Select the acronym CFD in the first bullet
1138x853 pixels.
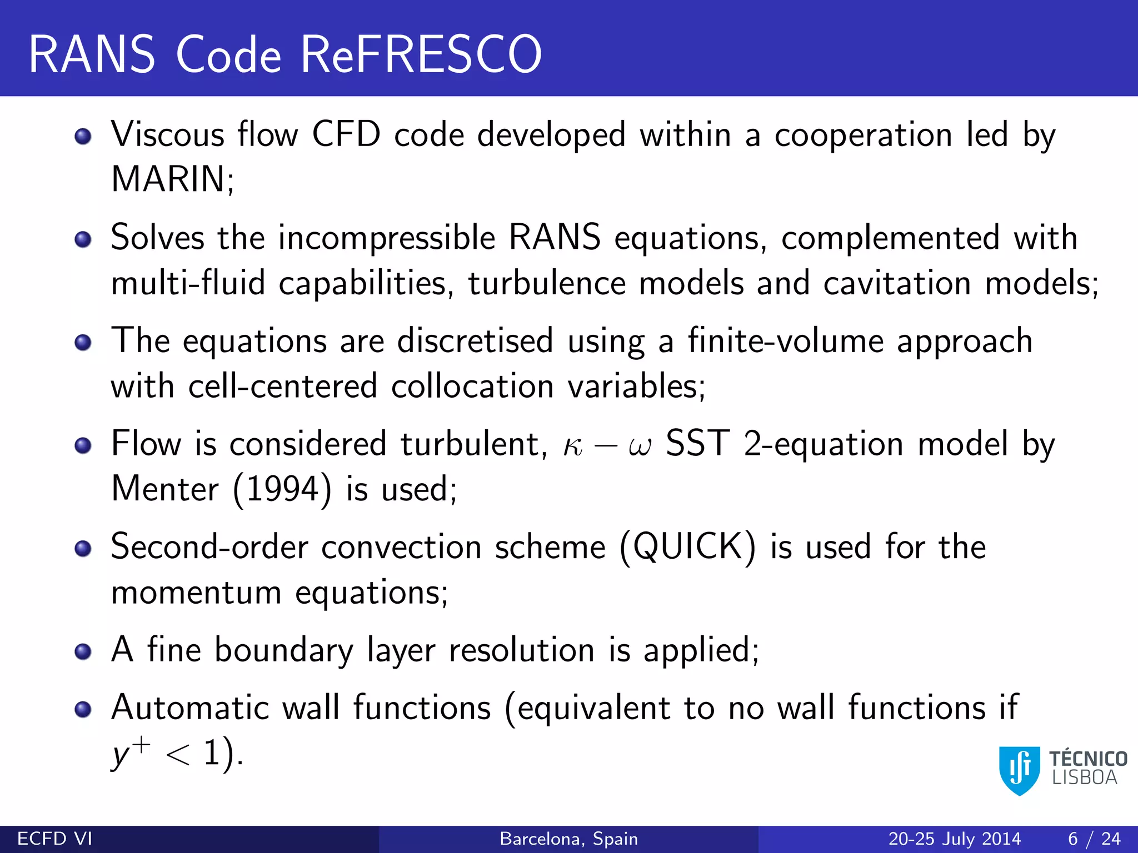tap(346, 135)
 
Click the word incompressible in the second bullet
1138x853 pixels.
tap(387, 238)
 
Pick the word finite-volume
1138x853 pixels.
tap(786, 340)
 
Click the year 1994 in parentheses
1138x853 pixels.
tap(282, 489)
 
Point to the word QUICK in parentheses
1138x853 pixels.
tap(687, 546)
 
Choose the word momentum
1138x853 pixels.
tap(196, 593)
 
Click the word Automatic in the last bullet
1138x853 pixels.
tap(189, 708)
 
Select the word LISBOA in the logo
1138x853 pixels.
tap(1085, 778)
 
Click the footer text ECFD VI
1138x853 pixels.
tap(55, 839)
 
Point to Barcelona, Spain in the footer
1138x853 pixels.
tap(569, 839)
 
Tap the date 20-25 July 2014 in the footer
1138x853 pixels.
tap(955, 839)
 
